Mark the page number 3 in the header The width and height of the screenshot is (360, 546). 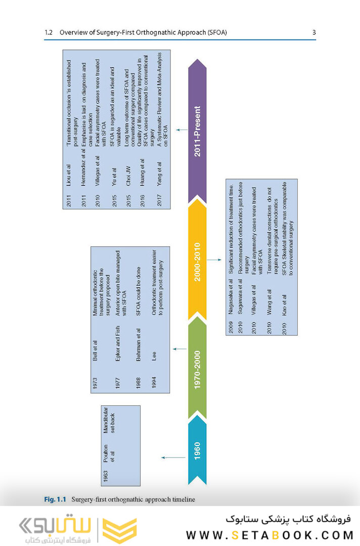[x=314, y=33]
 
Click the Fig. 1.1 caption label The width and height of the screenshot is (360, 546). [x=55, y=499]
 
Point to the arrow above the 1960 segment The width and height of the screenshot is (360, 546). [x=173, y=457]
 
